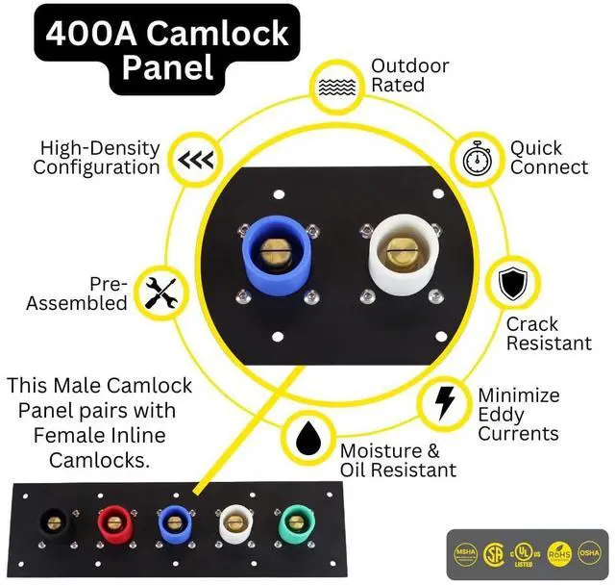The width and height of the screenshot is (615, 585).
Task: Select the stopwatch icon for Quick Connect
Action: coord(477,160)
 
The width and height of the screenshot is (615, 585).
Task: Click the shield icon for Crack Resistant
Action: coord(511,285)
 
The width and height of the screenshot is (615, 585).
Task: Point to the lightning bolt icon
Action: coord(445,403)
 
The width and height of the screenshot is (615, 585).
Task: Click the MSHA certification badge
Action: coord(466,554)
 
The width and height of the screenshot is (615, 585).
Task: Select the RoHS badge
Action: coord(559,554)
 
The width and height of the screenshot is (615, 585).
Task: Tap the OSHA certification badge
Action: coord(587,554)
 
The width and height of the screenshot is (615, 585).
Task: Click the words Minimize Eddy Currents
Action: coord(518,415)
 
